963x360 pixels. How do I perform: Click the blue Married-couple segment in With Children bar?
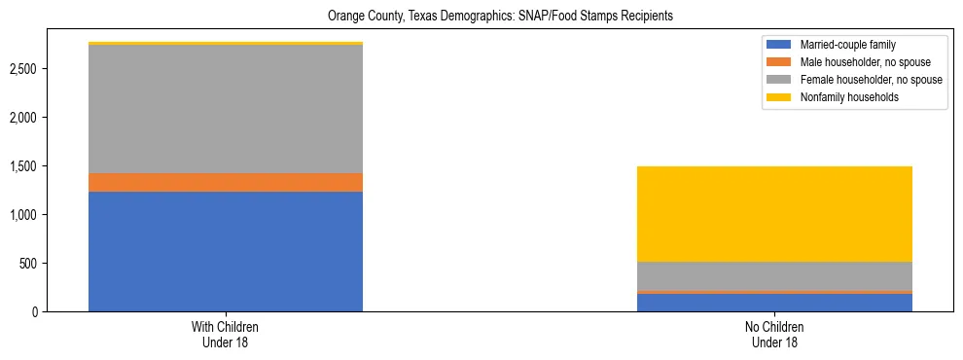point(225,251)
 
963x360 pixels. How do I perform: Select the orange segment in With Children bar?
point(225,182)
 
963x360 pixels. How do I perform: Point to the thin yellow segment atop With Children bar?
point(225,43)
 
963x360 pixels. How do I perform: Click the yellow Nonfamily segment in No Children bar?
point(774,214)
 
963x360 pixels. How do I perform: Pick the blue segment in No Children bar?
point(774,302)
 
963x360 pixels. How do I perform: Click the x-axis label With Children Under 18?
point(225,335)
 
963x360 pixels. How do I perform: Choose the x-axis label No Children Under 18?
point(774,335)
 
